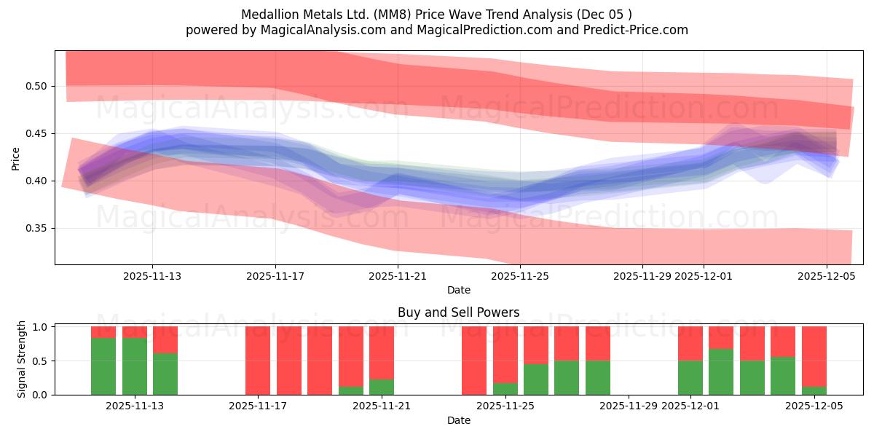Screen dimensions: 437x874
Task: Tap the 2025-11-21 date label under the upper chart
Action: point(398,276)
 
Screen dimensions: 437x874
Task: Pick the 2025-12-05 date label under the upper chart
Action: point(826,276)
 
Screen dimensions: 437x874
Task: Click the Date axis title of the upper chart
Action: point(458,290)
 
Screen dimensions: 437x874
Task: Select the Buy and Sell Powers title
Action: point(458,312)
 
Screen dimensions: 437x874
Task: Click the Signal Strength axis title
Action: point(22,359)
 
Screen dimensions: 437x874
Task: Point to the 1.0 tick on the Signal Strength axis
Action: point(41,327)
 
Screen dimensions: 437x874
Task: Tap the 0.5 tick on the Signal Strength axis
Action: point(41,361)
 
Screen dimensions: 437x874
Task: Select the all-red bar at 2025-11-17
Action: point(258,361)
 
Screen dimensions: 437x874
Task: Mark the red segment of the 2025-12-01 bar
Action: point(690,344)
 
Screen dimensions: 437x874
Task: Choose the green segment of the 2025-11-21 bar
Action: point(382,387)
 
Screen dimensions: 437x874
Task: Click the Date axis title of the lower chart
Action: point(458,420)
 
